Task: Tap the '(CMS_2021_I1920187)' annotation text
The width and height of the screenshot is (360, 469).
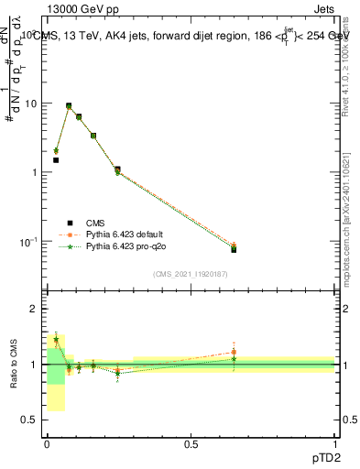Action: pos(191,273)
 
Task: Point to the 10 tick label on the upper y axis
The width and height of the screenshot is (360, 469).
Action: pos(30,104)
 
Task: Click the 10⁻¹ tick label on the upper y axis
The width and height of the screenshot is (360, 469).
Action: pos(28,242)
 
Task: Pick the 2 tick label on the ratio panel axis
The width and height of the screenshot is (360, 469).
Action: pos(35,310)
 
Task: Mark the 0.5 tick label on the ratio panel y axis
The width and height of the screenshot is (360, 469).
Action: pos(30,420)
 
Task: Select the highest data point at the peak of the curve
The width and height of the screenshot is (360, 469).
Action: pos(69,106)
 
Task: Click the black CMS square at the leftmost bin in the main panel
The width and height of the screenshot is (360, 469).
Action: pos(56,160)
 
